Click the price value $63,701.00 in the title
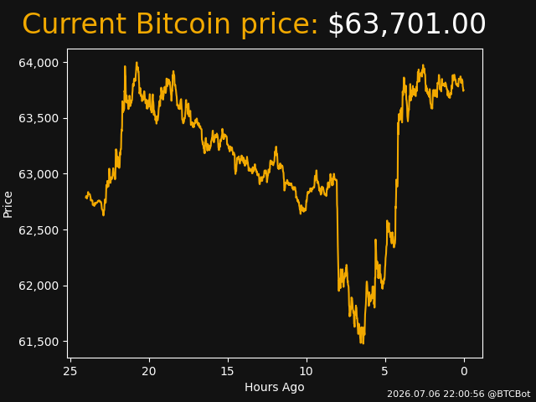coord(407,24)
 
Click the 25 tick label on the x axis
coord(70,371)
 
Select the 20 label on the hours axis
coord(149,371)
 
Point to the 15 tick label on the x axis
coord(228,371)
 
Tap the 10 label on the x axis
coord(307,371)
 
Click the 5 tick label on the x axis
coord(385,371)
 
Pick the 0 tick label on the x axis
coord(464,371)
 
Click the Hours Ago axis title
coord(275,387)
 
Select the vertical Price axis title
coord(8,204)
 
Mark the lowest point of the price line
coord(361,343)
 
